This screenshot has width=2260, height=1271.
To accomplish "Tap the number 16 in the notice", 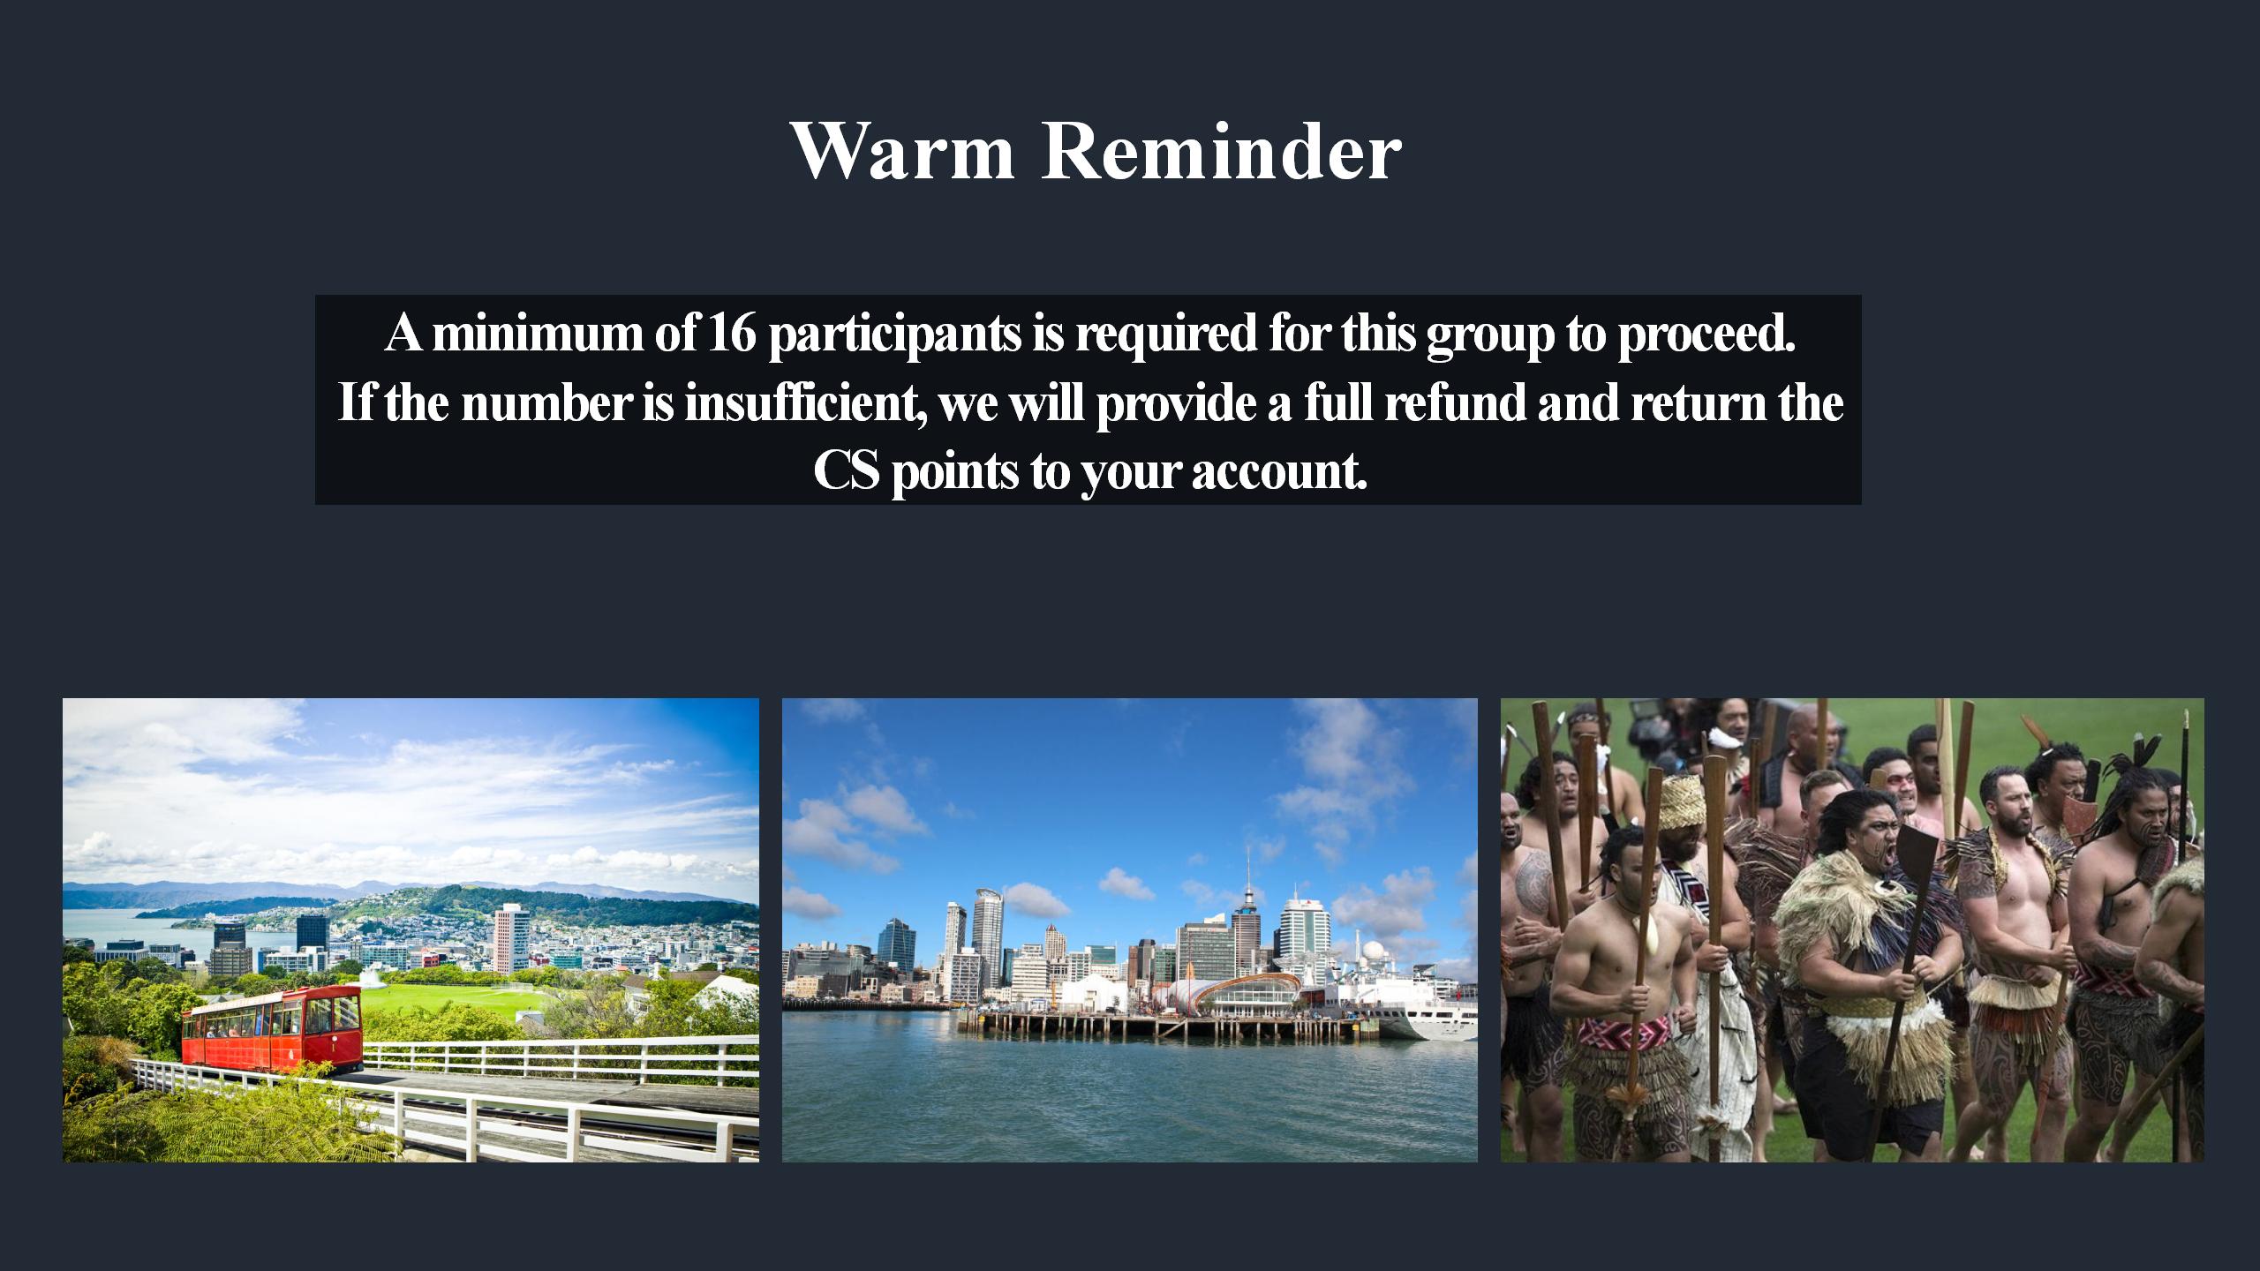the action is point(732,333).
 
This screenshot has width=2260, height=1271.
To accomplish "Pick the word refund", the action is point(1455,402).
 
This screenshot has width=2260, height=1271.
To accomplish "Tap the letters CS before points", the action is point(846,471).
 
